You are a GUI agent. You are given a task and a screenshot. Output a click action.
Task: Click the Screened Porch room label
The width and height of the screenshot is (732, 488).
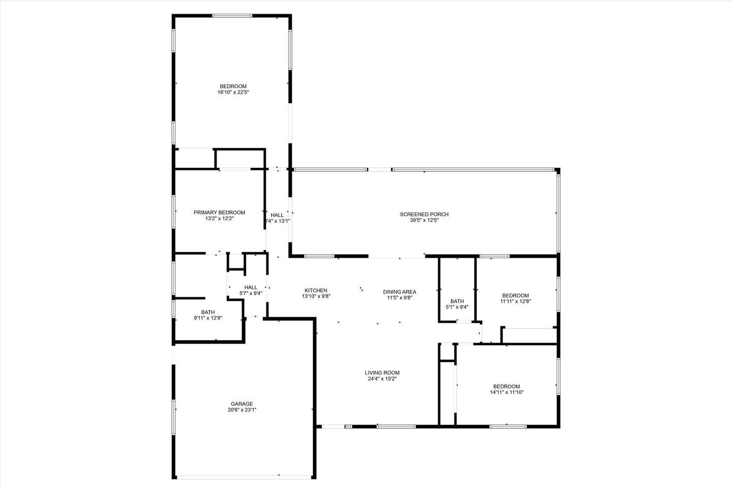[x=424, y=215]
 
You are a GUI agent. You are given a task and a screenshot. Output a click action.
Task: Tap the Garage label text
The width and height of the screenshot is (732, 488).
[x=242, y=404]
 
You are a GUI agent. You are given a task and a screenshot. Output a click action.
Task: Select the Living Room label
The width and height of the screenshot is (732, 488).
[x=382, y=373]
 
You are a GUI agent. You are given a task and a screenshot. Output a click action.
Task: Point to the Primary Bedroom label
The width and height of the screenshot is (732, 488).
[x=219, y=213]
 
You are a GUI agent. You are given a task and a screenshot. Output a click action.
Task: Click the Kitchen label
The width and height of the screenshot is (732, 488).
[x=316, y=291]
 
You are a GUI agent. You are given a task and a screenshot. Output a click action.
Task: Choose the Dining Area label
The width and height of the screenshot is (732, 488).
[x=400, y=292]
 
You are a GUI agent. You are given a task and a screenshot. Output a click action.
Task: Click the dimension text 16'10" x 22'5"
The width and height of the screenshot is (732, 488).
[x=233, y=93]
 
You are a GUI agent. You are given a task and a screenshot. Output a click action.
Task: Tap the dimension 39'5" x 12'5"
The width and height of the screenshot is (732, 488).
[x=424, y=220]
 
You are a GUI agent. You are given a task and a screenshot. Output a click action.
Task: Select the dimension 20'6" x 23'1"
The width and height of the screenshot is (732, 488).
[x=242, y=410]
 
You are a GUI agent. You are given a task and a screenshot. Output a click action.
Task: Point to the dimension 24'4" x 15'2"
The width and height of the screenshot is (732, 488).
[x=382, y=379]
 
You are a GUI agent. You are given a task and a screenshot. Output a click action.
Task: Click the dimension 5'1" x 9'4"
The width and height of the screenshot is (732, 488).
[x=457, y=307]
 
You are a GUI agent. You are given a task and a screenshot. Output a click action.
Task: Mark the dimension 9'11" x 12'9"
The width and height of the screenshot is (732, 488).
[x=208, y=318]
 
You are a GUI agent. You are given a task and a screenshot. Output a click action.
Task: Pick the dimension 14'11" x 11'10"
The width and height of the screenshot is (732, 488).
[x=507, y=392]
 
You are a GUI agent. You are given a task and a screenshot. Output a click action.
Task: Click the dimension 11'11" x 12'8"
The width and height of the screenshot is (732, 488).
[x=515, y=301]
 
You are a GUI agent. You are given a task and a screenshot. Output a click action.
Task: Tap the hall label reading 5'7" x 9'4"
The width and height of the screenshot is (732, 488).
[x=251, y=293]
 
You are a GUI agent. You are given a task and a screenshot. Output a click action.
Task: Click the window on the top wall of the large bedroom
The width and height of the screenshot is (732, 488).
[x=232, y=15]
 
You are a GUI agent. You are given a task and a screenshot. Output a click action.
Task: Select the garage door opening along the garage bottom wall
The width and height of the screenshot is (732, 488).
[x=243, y=477]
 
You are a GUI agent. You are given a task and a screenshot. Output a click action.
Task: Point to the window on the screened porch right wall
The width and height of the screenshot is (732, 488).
[x=559, y=213]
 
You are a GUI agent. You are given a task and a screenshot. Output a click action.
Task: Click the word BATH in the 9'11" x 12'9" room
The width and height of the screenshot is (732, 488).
[x=208, y=312]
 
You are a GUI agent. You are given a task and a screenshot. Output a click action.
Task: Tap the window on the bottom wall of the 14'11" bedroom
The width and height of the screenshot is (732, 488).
[x=508, y=426]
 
